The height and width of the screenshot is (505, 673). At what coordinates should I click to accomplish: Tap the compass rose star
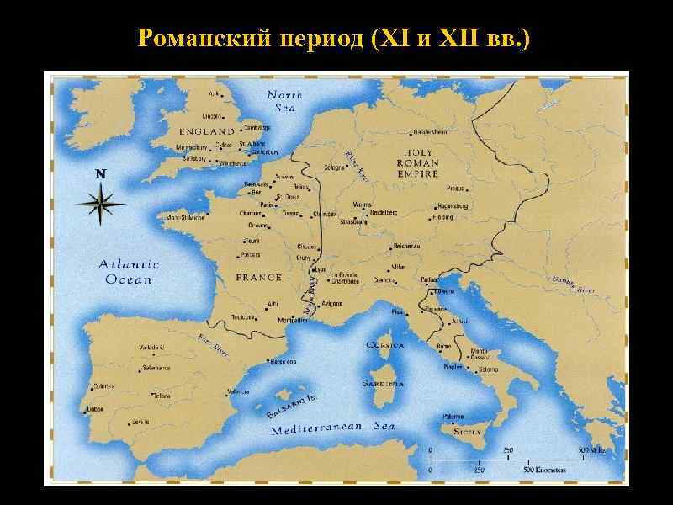(101, 204)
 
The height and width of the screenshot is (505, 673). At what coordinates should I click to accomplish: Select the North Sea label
(284, 100)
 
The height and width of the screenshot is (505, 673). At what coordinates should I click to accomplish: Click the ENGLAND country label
(207, 132)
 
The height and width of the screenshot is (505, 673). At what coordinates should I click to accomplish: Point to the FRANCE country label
(258, 278)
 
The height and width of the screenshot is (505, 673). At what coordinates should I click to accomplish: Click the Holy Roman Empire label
(417, 163)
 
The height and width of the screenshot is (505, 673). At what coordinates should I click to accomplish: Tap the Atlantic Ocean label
(129, 272)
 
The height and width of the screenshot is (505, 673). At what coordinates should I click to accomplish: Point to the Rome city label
(443, 346)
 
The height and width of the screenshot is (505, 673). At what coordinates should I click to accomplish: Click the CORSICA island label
(385, 345)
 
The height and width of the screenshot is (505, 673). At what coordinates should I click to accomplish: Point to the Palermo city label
(454, 415)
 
